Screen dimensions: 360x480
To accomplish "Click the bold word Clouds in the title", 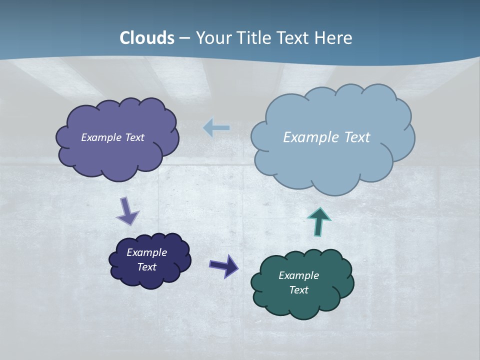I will click(147, 38).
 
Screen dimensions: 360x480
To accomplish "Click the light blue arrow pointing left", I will click(216, 128).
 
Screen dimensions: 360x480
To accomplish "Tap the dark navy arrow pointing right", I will click(223, 265).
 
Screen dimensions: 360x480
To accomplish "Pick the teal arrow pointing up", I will click(319, 221).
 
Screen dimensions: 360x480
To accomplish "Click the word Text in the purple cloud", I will click(134, 137).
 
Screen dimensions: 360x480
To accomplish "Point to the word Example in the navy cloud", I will click(146, 252).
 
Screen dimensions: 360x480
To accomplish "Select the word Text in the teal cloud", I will click(299, 290).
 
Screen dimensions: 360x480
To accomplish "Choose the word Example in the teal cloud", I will click(298, 275).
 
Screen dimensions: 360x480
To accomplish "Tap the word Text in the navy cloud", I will click(147, 267).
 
